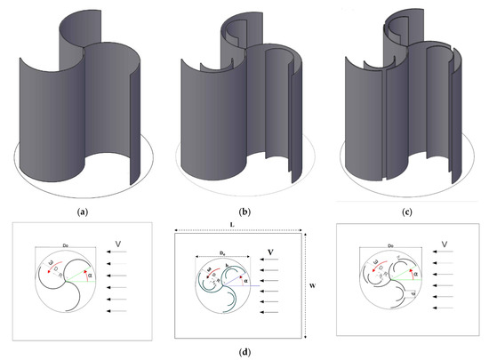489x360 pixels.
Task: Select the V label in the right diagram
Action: click(445, 242)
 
